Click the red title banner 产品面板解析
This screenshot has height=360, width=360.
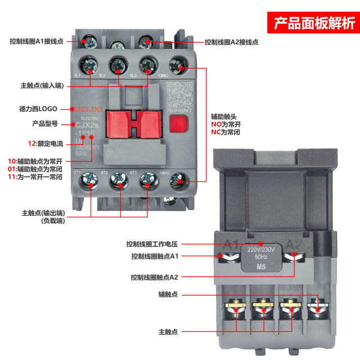click(314, 24)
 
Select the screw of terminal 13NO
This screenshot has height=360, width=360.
click(179, 63)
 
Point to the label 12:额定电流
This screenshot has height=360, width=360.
click(46, 143)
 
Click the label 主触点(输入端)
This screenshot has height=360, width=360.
click(42, 85)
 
